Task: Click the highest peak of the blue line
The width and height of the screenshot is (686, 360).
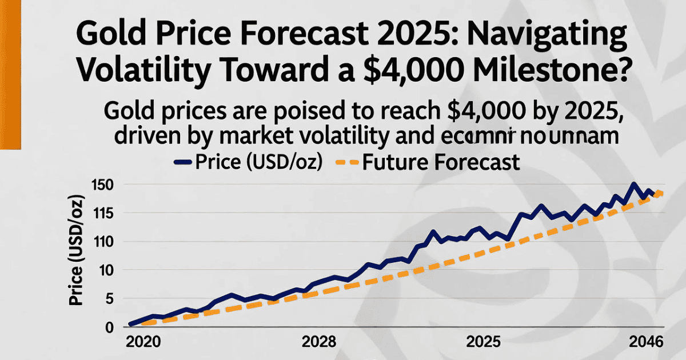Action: point(633,184)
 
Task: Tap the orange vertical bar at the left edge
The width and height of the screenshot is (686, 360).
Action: point(10,74)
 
